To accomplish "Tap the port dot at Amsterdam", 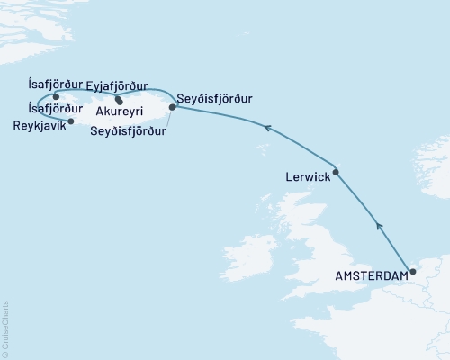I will [412, 271].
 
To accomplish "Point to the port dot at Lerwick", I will [335, 171].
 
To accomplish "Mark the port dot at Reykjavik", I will [71, 121].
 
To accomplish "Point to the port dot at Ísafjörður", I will [56, 96].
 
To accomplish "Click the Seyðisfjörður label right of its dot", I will [215, 97].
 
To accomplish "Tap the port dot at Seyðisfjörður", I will [173, 107].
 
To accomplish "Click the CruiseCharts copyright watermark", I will [6, 328].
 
